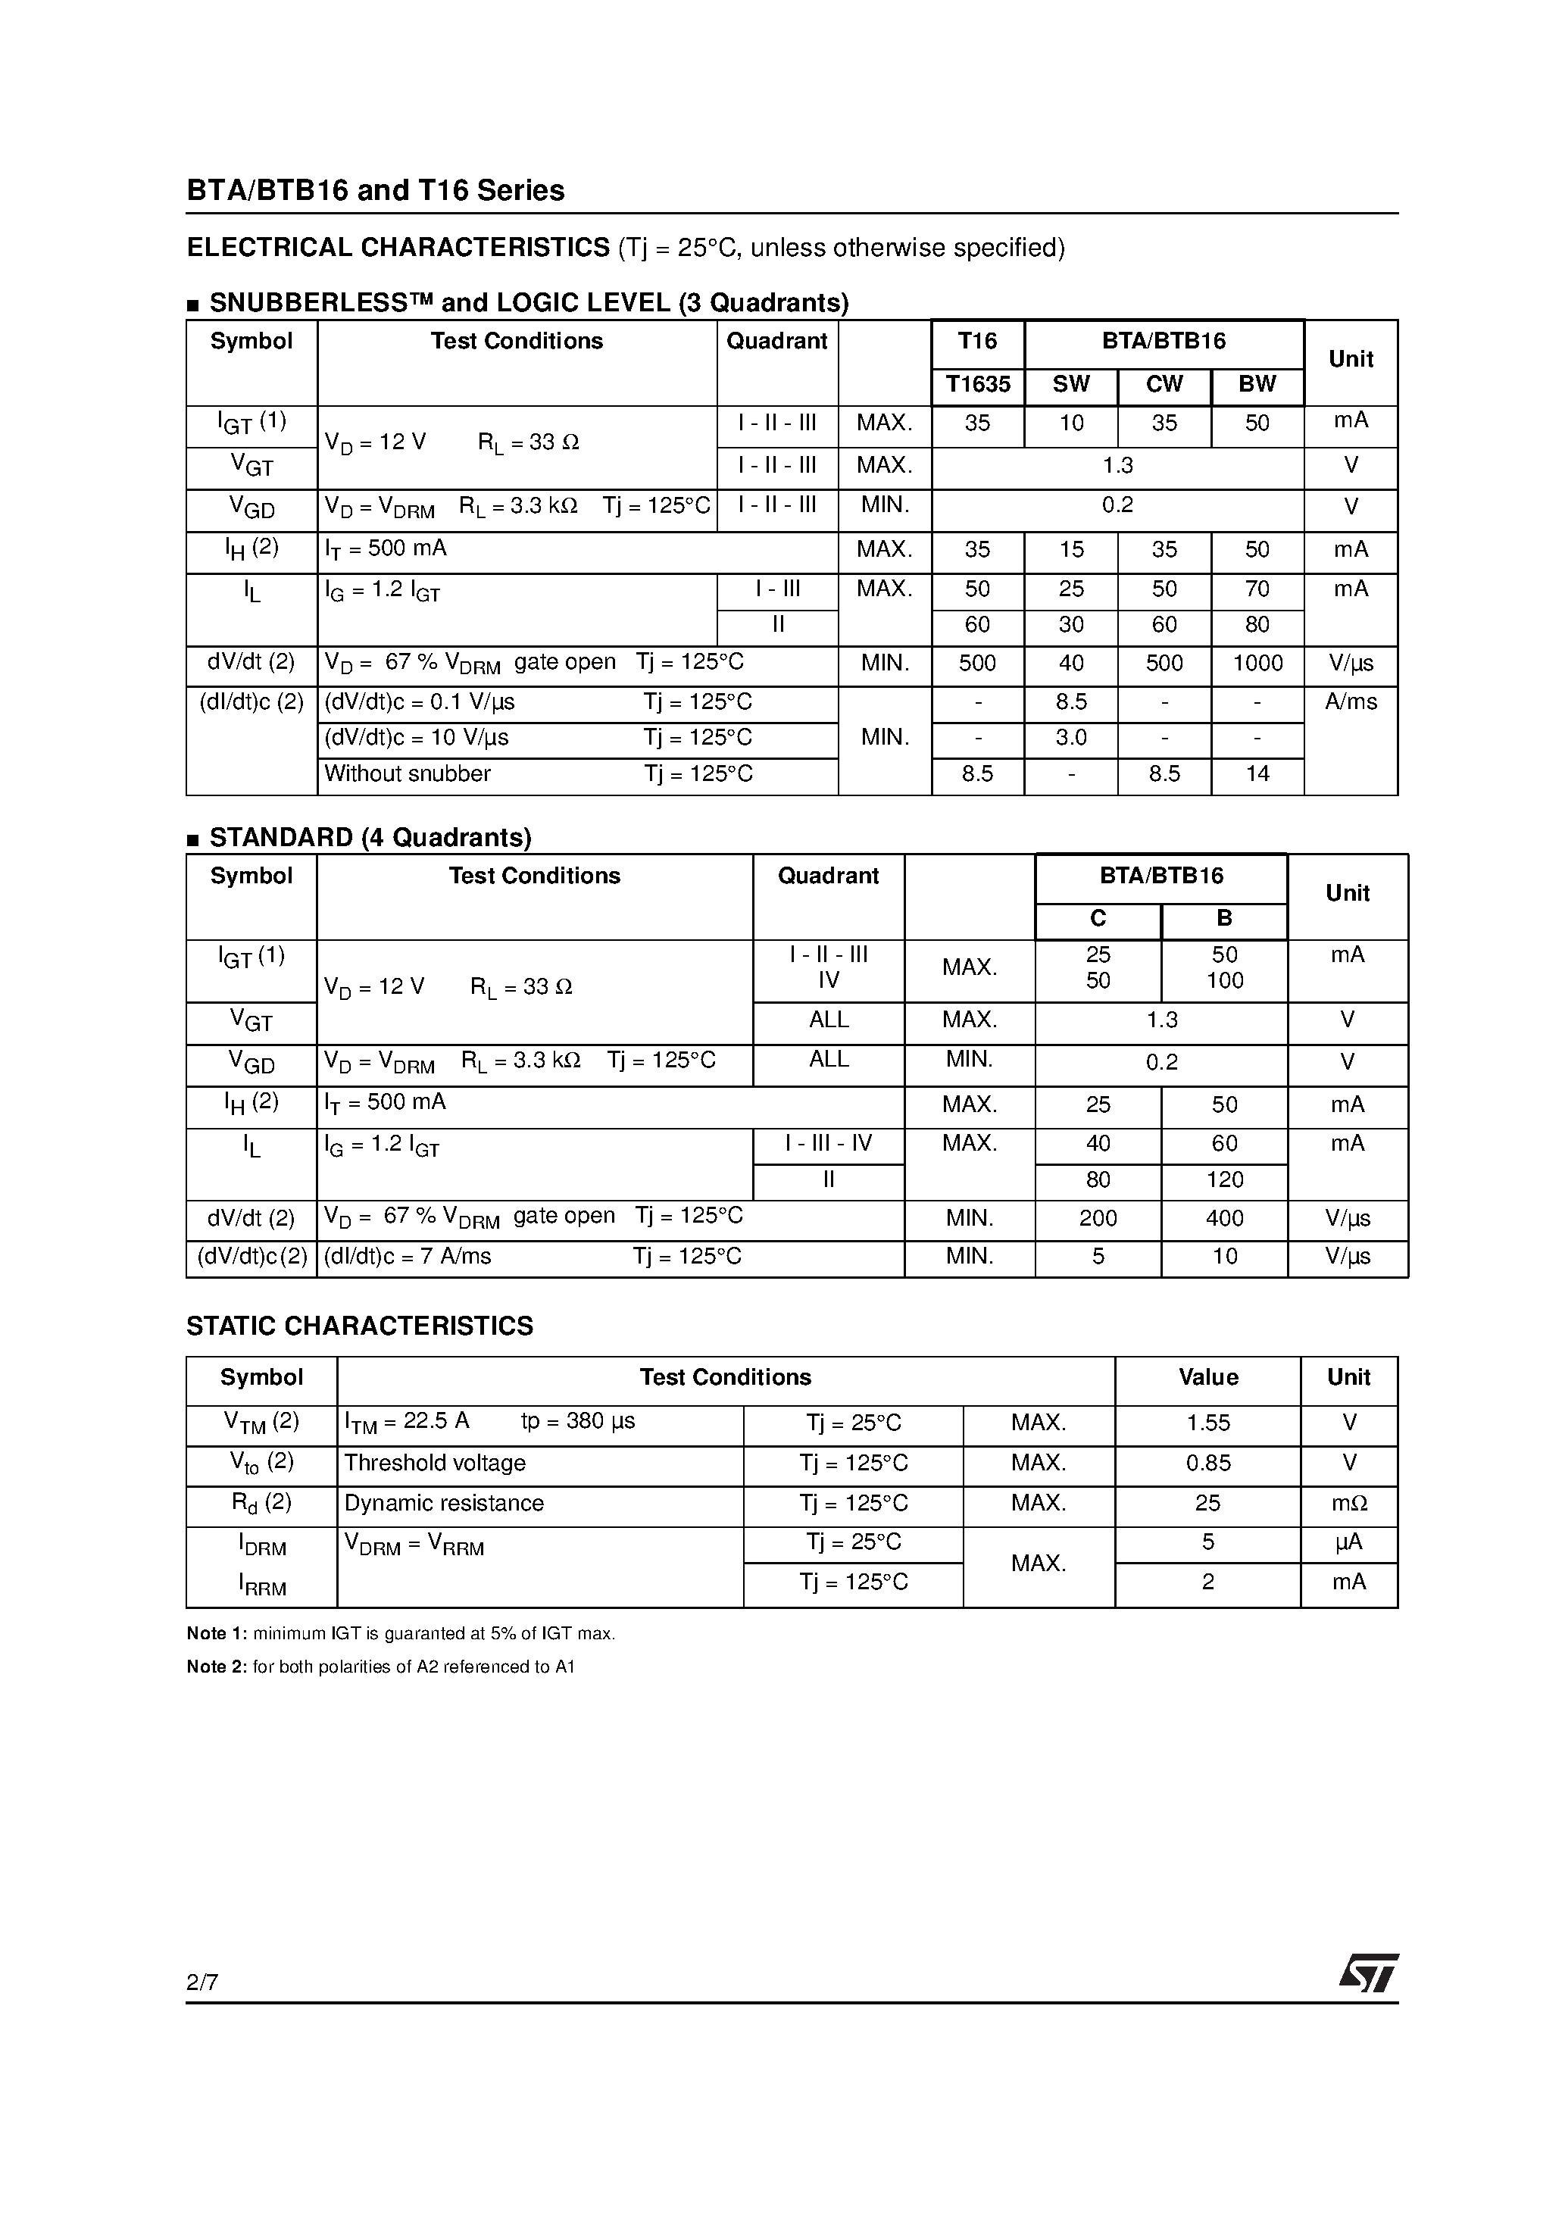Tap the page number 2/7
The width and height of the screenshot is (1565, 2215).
[202, 1982]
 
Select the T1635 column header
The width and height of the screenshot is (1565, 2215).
[977, 385]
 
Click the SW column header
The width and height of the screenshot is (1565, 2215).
[1070, 385]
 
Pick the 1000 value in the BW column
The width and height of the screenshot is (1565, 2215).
[1257, 664]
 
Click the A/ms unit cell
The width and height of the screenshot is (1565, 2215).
[1351, 702]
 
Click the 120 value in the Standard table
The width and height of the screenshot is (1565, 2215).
[1224, 1180]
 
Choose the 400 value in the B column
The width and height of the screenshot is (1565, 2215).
[1224, 1218]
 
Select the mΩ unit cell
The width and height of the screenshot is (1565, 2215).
[1349, 1504]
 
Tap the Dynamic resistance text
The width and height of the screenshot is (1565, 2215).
[444, 1504]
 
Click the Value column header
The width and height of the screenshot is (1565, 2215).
[1208, 1379]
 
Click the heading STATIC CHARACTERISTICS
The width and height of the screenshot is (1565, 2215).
[359, 1326]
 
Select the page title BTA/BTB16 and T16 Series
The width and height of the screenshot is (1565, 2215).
[375, 190]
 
